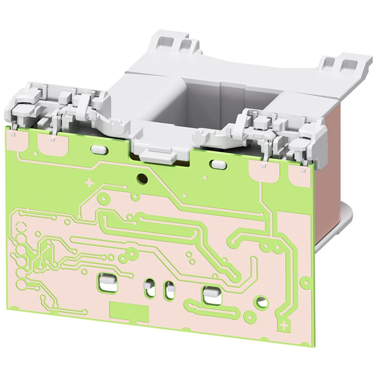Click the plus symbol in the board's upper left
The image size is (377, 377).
[x=90, y=183]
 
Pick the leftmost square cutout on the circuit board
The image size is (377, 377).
[x=107, y=281]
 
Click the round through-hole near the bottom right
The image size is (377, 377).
[x=262, y=303]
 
